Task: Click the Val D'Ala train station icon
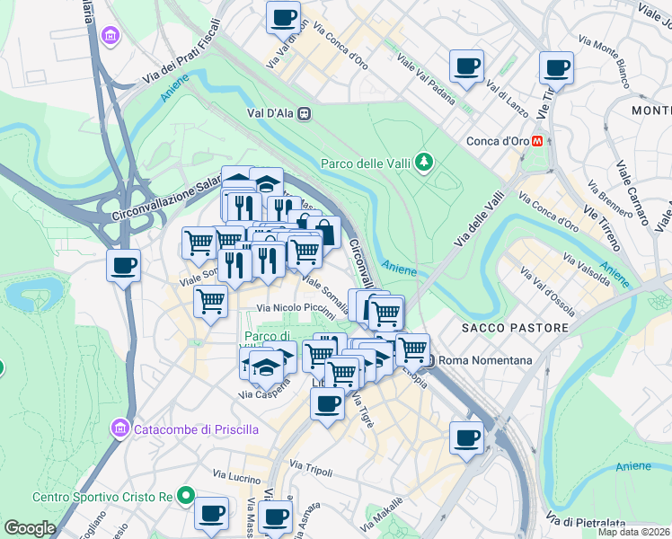click(x=305, y=114)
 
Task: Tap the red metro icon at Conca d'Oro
click(x=537, y=141)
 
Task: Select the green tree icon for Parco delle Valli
click(x=423, y=163)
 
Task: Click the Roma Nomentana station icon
click(x=430, y=361)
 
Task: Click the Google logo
click(x=30, y=528)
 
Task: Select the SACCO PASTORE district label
click(x=515, y=329)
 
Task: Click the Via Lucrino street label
click(x=237, y=473)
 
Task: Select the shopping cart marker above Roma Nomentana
click(x=412, y=349)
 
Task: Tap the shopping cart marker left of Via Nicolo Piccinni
click(x=210, y=302)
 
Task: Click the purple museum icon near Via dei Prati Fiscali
click(x=111, y=36)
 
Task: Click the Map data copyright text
click(x=634, y=532)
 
